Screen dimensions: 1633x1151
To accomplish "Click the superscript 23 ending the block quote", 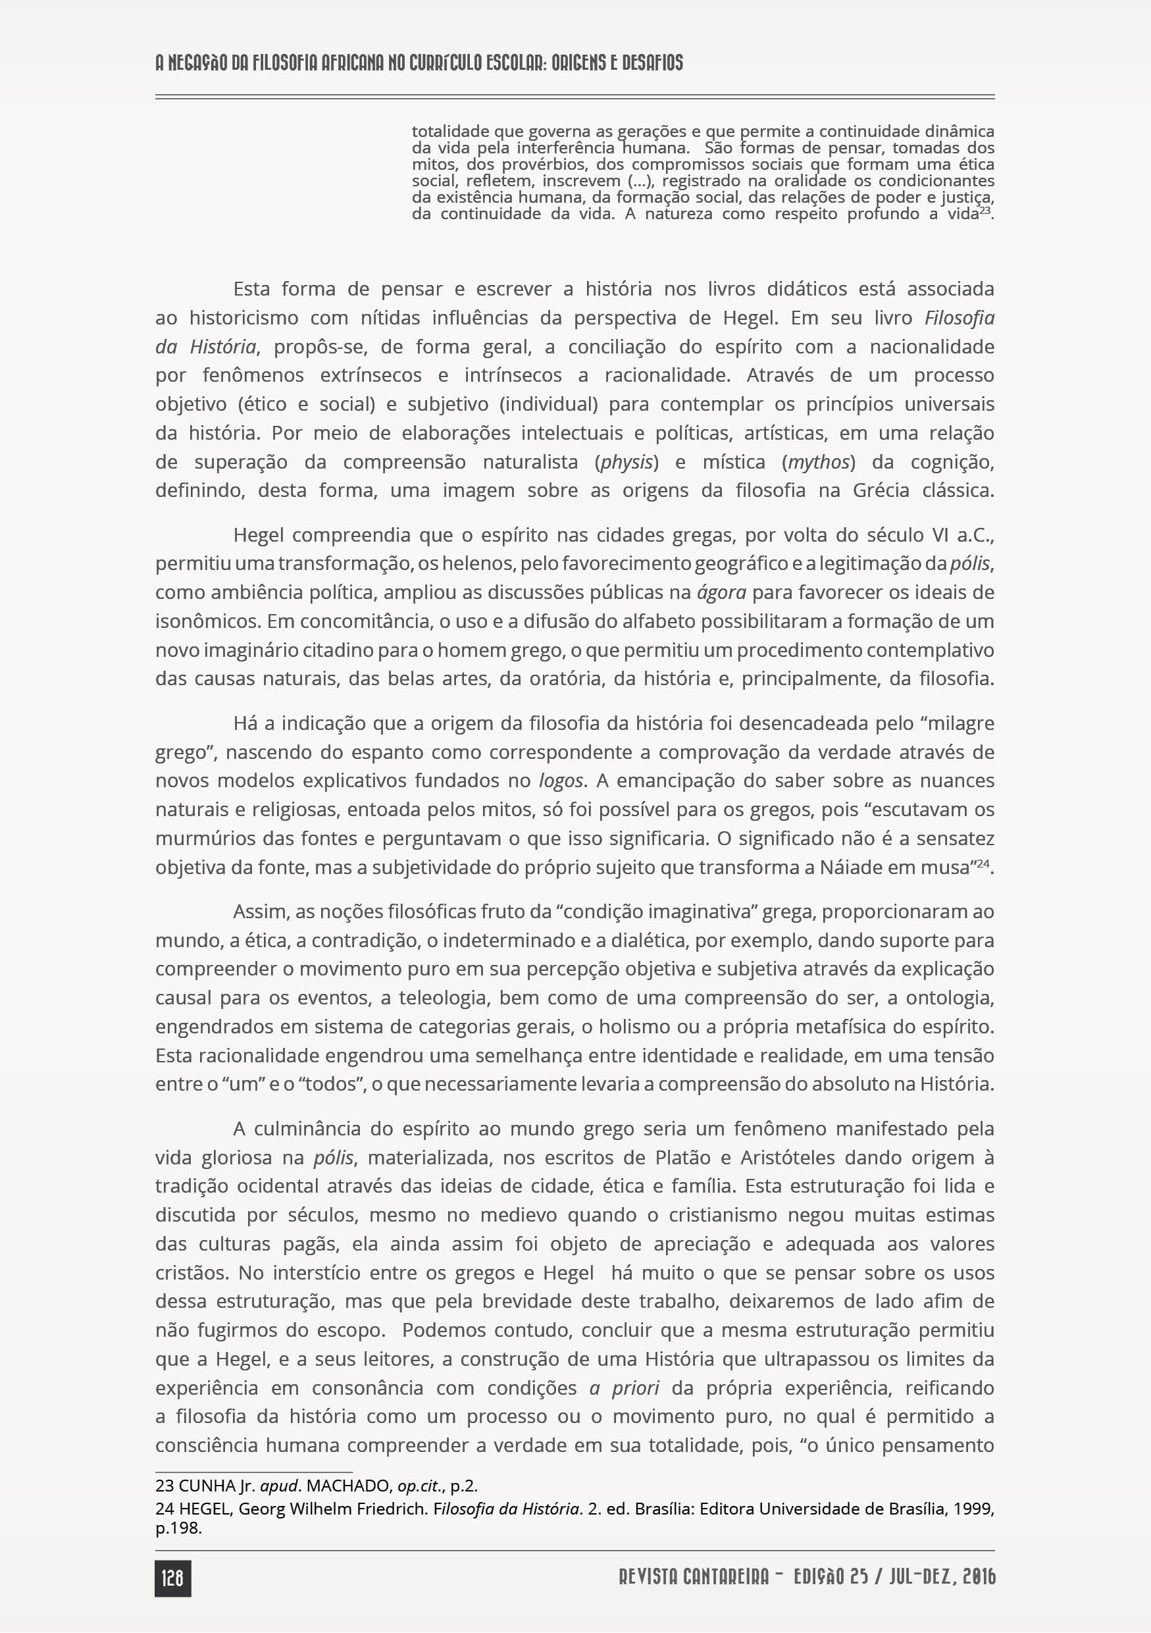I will (x=985, y=211).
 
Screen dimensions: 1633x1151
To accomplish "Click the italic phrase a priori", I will (x=625, y=1387).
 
